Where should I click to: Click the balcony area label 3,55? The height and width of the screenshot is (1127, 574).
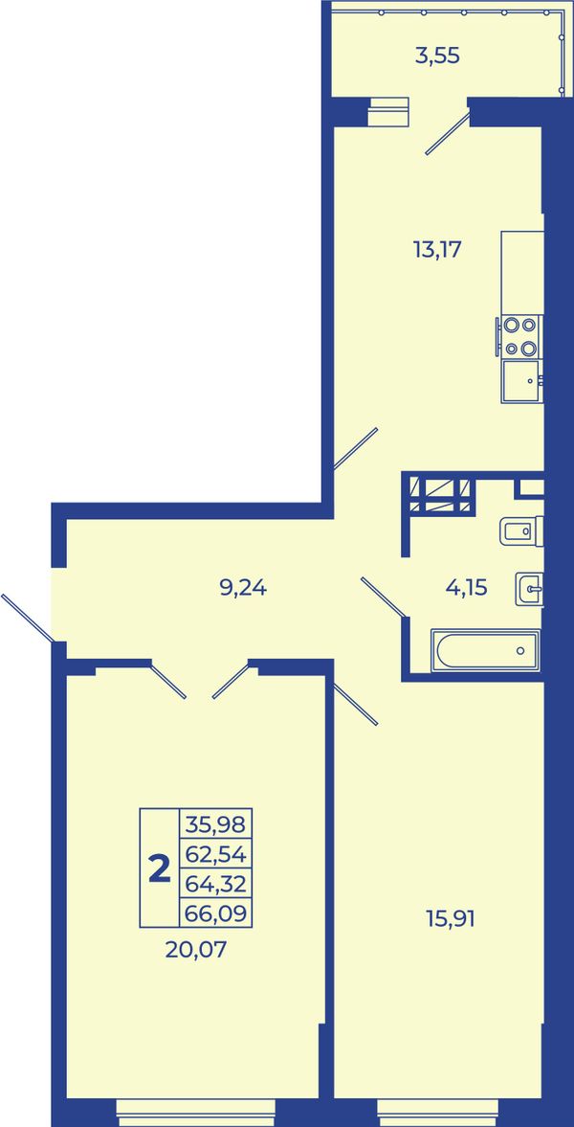pos(437,56)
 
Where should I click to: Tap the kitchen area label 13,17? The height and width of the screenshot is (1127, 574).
pos(436,250)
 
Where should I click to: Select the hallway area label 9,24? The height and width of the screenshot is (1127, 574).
pos(243,588)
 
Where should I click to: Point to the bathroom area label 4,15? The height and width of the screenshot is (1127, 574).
pos(466,588)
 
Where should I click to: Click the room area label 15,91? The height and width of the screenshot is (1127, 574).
pos(452,918)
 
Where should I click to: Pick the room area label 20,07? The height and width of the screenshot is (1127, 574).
pos(195,950)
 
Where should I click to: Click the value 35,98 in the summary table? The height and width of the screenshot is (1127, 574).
pos(215,823)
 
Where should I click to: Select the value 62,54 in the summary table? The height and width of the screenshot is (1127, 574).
pos(215,854)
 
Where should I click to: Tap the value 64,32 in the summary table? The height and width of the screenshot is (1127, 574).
pos(215,884)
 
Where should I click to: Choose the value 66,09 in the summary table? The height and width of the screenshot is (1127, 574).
pos(215,913)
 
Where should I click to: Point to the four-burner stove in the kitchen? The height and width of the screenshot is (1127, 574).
pos(519,336)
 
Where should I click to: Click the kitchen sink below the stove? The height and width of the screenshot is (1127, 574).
pos(521,381)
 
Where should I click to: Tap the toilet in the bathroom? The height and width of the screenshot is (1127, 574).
pos(521,531)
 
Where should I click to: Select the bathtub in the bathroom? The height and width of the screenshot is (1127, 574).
pos(486,650)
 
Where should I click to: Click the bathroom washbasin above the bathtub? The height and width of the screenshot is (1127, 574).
pos(529,590)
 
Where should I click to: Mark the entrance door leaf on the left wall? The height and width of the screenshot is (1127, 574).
pos(28,619)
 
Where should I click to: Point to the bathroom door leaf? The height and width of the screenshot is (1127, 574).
pos(384,597)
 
